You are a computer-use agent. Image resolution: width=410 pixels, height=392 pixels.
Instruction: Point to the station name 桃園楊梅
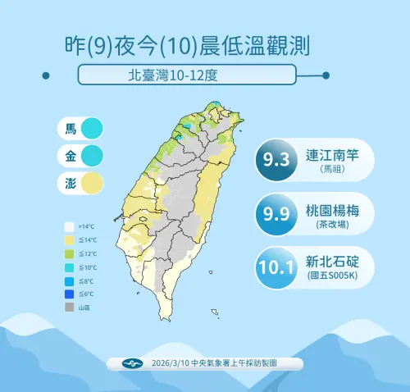pos(334,208)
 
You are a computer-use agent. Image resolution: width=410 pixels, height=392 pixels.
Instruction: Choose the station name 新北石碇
pos(334,261)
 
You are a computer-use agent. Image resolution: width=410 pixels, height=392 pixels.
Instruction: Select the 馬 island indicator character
pos(71,129)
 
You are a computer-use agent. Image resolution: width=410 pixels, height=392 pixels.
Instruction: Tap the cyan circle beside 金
pos(91,155)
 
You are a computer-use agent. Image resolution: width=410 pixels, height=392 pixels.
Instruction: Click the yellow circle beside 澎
pos(91,182)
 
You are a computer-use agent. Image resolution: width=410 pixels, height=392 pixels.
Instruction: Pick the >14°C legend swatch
pos(71,226)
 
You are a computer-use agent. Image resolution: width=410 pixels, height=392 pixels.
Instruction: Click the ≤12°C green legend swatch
pos(71,253)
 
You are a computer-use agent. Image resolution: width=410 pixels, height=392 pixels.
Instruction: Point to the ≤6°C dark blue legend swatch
pos(71,294)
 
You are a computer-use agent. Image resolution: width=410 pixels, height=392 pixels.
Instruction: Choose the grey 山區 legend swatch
pos(71,308)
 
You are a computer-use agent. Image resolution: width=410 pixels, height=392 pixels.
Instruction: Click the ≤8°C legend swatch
pos(71,280)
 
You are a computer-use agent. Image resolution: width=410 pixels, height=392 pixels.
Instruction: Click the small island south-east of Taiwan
pos(215,312)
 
